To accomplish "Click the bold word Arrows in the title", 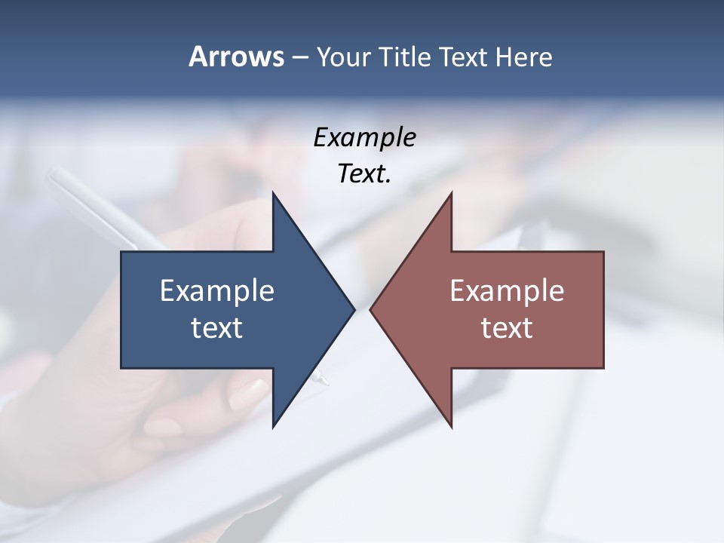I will (x=236, y=57).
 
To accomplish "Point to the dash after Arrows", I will (x=299, y=57).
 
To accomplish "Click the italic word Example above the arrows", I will (x=364, y=137).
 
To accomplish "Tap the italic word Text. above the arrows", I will (x=364, y=174).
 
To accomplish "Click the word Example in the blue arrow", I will (x=217, y=290).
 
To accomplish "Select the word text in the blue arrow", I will (x=217, y=327).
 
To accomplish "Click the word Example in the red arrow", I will (x=507, y=290).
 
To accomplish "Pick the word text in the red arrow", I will (x=507, y=327).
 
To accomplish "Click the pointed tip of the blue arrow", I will (x=354, y=309).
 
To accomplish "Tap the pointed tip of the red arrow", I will (x=370, y=309).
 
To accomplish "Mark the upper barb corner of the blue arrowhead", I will (x=273, y=193).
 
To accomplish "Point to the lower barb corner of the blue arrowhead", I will (x=273, y=428).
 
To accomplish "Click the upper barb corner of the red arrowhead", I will (x=451, y=193).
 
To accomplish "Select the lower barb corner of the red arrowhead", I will (x=451, y=428).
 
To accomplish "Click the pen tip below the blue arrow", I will (x=326, y=383).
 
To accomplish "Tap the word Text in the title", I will (x=465, y=57).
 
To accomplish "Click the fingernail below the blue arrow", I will (x=249, y=394).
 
